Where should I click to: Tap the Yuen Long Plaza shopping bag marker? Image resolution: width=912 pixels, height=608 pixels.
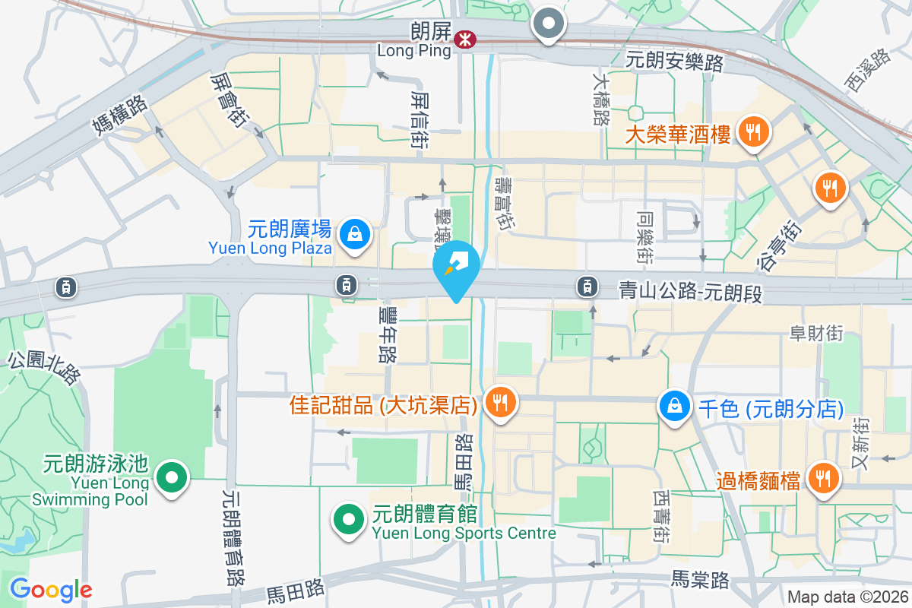[x=354, y=234]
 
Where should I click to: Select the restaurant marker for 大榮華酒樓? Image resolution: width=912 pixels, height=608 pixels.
[x=753, y=134]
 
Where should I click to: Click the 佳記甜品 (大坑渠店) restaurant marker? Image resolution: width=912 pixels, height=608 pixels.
[x=499, y=402]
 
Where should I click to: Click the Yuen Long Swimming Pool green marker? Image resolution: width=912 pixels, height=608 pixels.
[x=172, y=479]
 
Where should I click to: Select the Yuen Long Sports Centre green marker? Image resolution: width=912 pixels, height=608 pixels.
[x=349, y=520]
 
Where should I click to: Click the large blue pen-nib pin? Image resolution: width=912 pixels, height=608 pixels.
[x=456, y=267]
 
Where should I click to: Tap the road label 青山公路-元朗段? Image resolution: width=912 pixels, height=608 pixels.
[x=690, y=290]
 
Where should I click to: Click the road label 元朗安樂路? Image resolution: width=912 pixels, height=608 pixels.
[x=674, y=62]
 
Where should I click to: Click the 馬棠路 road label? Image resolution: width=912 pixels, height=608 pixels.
[x=700, y=580]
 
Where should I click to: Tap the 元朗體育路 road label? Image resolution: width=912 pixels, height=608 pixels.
[x=231, y=537]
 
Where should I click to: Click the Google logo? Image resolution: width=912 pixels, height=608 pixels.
[x=50, y=589]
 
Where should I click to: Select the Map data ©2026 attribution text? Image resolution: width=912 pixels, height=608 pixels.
[x=847, y=597]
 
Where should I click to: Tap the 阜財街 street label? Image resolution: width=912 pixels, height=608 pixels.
[x=816, y=332]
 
